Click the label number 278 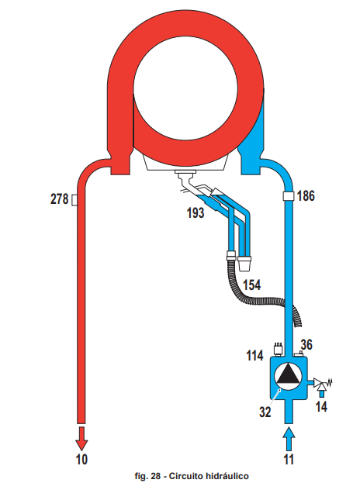click(x=60, y=199)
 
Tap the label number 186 click(x=306, y=195)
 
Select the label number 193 click(x=196, y=212)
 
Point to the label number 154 click(x=252, y=285)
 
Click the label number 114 click(x=255, y=356)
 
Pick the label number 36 click(x=306, y=345)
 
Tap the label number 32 click(x=265, y=412)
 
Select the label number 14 click(x=321, y=406)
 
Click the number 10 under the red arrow click(x=81, y=459)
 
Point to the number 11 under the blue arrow click(x=289, y=459)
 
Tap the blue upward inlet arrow click(x=289, y=440)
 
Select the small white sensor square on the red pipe click(x=74, y=200)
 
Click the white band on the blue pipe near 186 click(x=288, y=195)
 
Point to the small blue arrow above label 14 click(x=321, y=393)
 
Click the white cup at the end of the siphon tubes click(x=244, y=264)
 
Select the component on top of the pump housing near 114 click(x=278, y=350)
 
